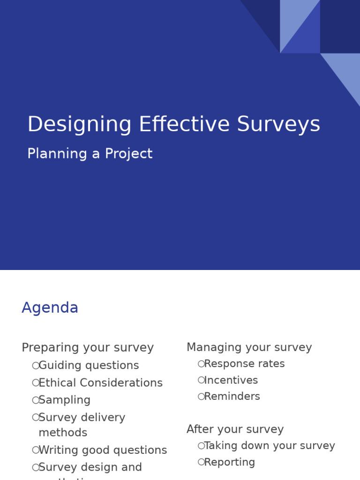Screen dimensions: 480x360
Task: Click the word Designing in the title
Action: [79, 125]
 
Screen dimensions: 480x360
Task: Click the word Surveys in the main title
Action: [278, 125]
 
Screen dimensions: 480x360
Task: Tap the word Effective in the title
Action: [185, 125]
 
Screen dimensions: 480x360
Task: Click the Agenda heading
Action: [50, 308]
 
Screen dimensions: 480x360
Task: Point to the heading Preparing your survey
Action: [88, 348]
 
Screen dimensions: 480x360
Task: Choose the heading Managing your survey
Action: [249, 347]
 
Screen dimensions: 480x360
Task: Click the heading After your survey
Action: [235, 429]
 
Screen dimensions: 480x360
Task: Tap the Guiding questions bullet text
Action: [89, 366]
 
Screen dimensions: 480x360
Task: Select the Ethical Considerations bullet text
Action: [100, 383]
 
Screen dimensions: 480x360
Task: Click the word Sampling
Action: [65, 400]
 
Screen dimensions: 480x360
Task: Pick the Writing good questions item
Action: [103, 450]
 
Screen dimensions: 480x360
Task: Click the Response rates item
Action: [244, 364]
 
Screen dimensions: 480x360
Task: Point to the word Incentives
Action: [231, 380]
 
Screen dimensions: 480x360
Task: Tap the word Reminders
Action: [232, 397]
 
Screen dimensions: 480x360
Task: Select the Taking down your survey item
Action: [270, 446]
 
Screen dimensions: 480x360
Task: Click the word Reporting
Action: [230, 462]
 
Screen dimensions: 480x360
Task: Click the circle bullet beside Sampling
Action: [36, 400]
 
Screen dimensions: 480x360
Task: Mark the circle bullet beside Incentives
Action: [201, 380]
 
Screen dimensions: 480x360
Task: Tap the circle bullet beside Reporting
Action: [201, 462]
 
